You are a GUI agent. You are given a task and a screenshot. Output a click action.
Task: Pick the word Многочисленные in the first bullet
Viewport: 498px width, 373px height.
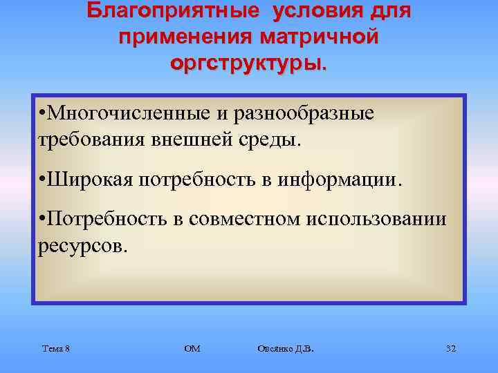[x=131, y=114]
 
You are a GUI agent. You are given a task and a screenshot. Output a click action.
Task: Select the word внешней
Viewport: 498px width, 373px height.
[x=185, y=140]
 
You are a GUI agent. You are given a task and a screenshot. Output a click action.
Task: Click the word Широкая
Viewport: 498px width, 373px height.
[x=91, y=180]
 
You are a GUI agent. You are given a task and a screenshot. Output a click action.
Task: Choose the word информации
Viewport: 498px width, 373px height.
[x=338, y=180]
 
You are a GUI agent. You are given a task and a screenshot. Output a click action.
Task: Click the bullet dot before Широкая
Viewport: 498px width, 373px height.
[x=42, y=181]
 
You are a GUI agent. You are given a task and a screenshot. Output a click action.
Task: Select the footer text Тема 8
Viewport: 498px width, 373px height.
[x=55, y=349]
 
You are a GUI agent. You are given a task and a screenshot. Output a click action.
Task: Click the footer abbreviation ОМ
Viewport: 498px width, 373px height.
[x=192, y=349]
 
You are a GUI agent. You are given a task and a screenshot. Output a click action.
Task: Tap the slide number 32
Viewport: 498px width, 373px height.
[x=450, y=349]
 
